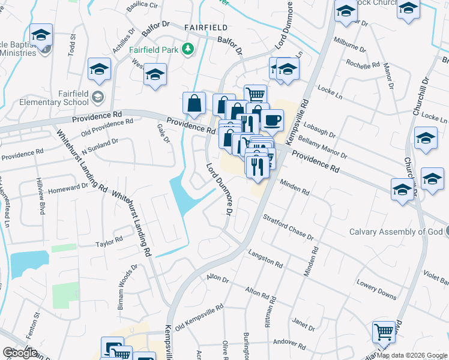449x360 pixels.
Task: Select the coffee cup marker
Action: pos(272,119)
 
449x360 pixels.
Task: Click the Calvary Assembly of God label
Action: pos(395,232)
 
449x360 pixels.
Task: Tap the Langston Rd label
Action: pos(265,259)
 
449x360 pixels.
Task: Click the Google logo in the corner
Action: pos(20,352)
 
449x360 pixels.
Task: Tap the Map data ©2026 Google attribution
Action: pos(412,355)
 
